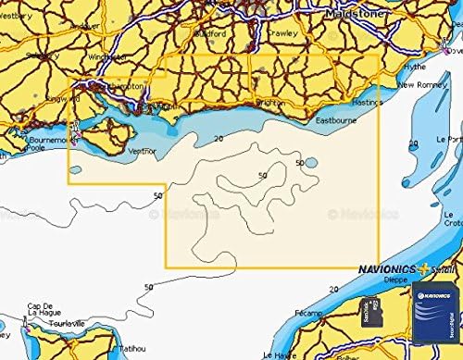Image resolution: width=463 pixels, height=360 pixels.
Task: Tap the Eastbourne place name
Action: (x=336, y=120)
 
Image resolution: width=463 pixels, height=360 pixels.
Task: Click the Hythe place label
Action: (x=416, y=68)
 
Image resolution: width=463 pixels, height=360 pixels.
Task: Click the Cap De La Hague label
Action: (x=43, y=311)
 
